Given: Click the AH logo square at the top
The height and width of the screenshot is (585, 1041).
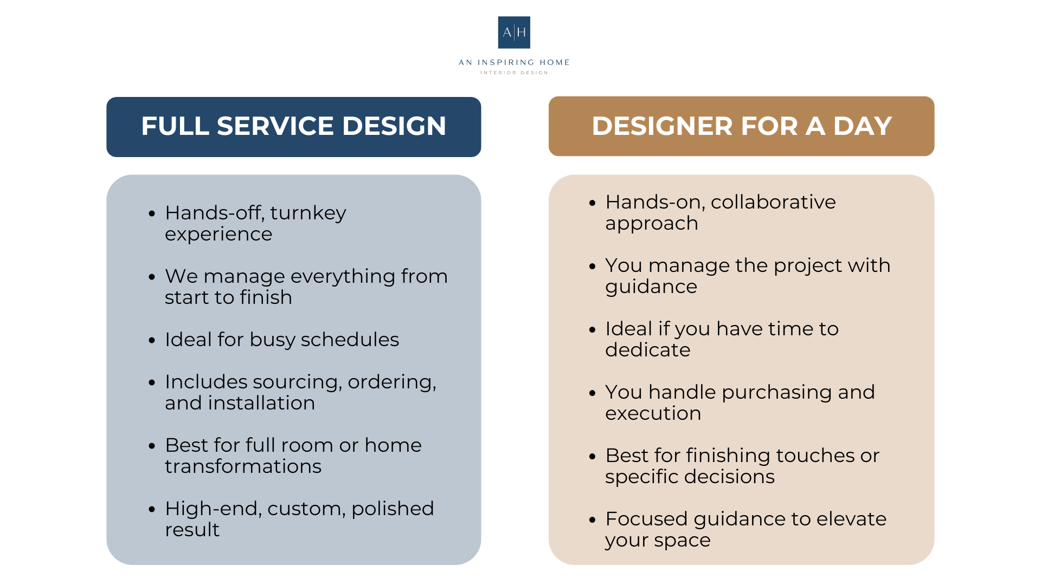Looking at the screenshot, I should (x=514, y=32).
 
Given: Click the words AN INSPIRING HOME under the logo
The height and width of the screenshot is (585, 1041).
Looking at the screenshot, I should (x=514, y=62).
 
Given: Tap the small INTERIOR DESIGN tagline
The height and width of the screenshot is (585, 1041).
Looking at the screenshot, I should (x=514, y=73).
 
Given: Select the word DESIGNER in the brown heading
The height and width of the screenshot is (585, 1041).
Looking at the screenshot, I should (x=661, y=126).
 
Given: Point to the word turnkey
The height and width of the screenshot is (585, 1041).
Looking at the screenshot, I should (x=308, y=213).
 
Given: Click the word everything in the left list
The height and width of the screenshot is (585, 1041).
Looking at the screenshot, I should (x=343, y=277).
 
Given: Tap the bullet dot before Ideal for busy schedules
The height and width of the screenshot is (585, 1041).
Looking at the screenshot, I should (x=152, y=341).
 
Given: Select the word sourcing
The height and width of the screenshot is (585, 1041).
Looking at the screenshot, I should (x=297, y=382).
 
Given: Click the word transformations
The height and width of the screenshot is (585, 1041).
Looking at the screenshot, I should (x=243, y=466).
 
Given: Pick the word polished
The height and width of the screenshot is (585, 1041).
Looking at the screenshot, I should (x=393, y=509).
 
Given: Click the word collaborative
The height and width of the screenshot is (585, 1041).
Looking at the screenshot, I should (x=773, y=202).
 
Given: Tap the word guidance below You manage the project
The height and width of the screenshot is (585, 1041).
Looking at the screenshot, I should (x=651, y=287).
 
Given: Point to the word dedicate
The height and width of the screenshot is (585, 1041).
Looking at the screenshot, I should (x=647, y=350).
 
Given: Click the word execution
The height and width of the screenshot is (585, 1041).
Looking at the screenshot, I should (x=653, y=413).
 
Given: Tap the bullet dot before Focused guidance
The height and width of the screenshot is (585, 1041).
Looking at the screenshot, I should (x=592, y=520).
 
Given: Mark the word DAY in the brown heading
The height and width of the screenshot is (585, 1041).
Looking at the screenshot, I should (x=863, y=126).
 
